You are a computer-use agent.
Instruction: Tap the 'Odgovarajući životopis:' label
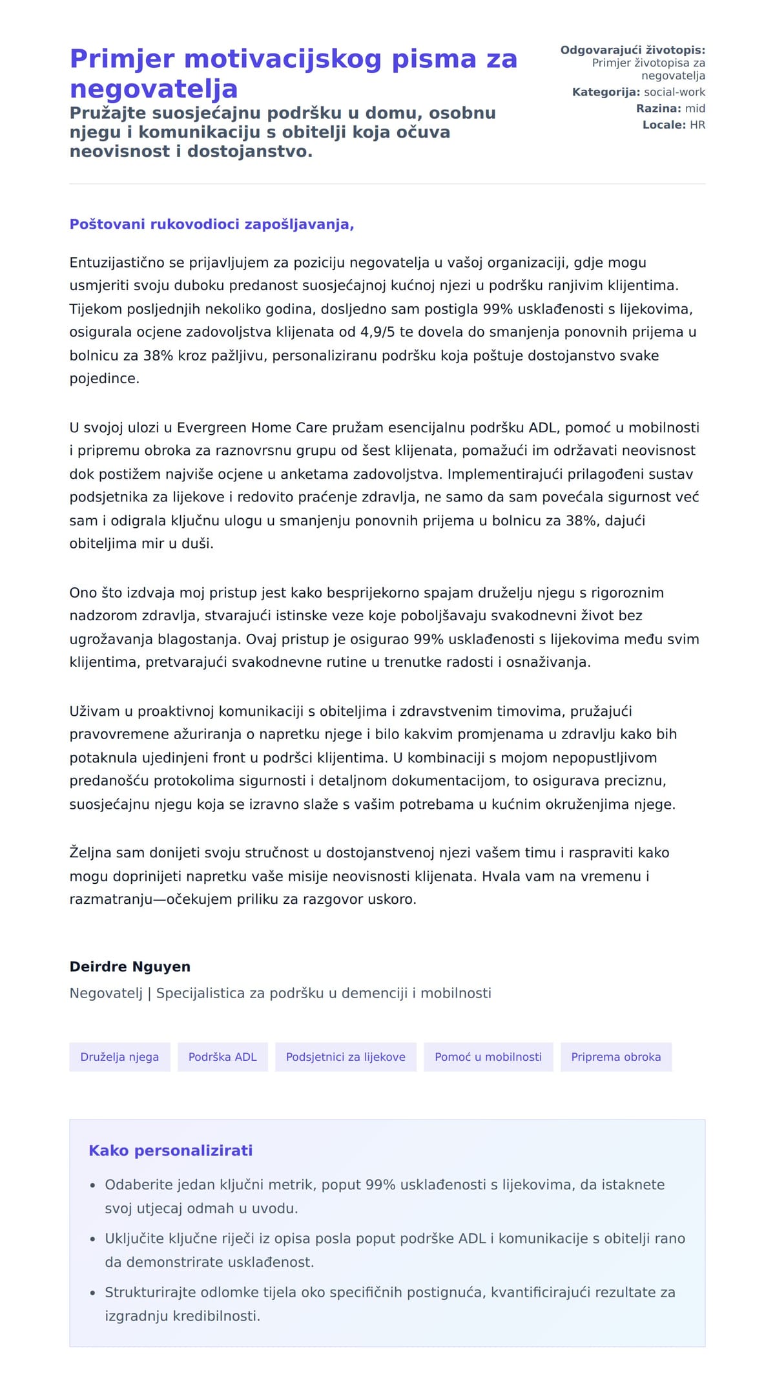tap(632, 50)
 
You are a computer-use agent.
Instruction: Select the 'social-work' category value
tap(674, 92)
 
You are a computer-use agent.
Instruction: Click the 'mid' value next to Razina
tap(695, 109)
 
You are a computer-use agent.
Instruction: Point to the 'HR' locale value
tap(697, 125)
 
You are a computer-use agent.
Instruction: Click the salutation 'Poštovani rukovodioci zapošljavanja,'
tap(212, 224)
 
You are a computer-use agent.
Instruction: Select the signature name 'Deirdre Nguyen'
tap(130, 967)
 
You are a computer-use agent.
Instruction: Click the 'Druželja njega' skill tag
tap(119, 1057)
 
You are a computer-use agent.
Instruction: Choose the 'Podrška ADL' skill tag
tap(222, 1057)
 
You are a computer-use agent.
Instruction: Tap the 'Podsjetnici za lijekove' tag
tap(346, 1057)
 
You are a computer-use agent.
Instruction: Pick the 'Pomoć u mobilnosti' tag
tap(488, 1057)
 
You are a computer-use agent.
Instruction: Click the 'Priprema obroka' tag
tap(615, 1057)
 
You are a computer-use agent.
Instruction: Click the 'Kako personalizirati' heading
tap(170, 1151)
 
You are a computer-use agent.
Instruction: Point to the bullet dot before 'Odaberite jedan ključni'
tap(93, 1186)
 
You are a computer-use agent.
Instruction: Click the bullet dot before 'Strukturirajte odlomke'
tap(93, 1293)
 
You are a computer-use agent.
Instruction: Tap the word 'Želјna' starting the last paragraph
tap(90, 853)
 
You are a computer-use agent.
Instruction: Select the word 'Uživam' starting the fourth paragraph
tap(94, 711)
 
